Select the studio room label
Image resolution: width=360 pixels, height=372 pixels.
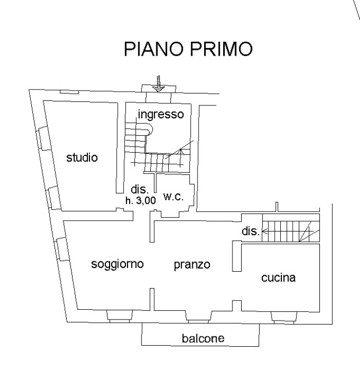pyautogui.click(x=82, y=158)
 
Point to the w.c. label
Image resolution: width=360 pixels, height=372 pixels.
pyautogui.click(x=173, y=197)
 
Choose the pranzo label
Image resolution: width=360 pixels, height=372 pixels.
pyautogui.click(x=192, y=265)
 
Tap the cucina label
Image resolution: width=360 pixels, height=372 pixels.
pyautogui.click(x=278, y=278)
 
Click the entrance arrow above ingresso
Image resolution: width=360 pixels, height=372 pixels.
pyautogui.click(x=159, y=83)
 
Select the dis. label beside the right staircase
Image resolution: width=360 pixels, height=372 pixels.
pyautogui.click(x=250, y=232)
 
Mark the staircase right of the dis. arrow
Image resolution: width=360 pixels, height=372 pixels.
pyautogui.click(x=291, y=232)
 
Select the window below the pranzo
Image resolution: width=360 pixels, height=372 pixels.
pyautogui.click(x=199, y=315)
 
